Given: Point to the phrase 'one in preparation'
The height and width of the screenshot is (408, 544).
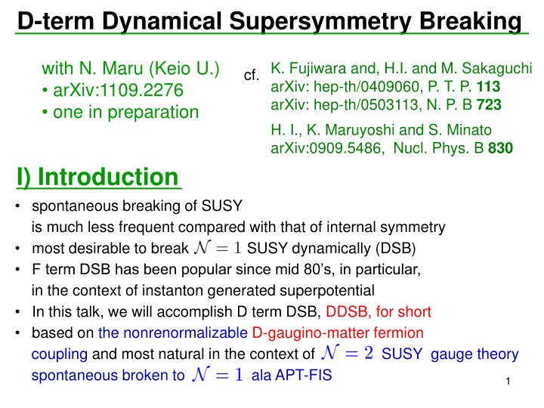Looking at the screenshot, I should tap(125, 112).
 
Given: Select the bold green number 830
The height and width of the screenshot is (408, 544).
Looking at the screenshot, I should tap(500, 149).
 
